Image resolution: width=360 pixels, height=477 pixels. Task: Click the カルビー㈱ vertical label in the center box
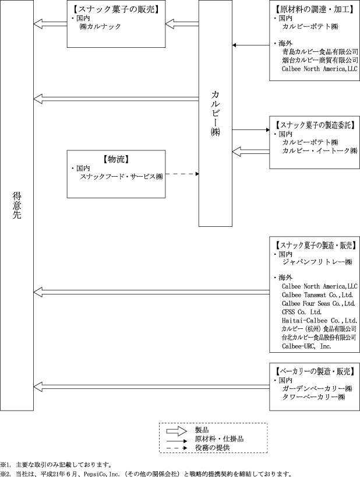[216, 113]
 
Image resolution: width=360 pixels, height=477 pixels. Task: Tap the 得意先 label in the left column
[17, 205]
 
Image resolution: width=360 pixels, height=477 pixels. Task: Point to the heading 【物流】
[117, 159]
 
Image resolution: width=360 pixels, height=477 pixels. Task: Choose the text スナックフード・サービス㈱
[121, 177]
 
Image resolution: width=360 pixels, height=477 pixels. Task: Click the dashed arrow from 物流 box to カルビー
[182, 174]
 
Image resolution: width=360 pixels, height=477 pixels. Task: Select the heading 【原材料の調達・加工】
[315, 9]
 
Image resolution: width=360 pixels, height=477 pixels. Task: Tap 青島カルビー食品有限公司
[320, 52]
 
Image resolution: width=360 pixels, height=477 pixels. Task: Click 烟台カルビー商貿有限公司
[320, 60]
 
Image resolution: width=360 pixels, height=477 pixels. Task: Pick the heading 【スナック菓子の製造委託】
[315, 125]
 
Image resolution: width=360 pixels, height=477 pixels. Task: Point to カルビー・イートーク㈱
[320, 150]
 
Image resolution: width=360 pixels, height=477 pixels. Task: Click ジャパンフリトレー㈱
[317, 262]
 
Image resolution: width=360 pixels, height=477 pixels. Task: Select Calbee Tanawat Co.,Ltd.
[317, 295]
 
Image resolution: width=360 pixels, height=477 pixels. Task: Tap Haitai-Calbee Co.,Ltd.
[320, 320]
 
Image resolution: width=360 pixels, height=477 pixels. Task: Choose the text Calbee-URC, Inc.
[306, 346]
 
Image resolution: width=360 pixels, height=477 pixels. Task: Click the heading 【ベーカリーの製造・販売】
[315, 371]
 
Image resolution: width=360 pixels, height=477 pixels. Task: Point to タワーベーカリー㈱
[313, 397]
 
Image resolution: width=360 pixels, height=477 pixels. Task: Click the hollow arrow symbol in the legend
[176, 431]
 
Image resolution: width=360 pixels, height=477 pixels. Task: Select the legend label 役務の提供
[213, 448]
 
